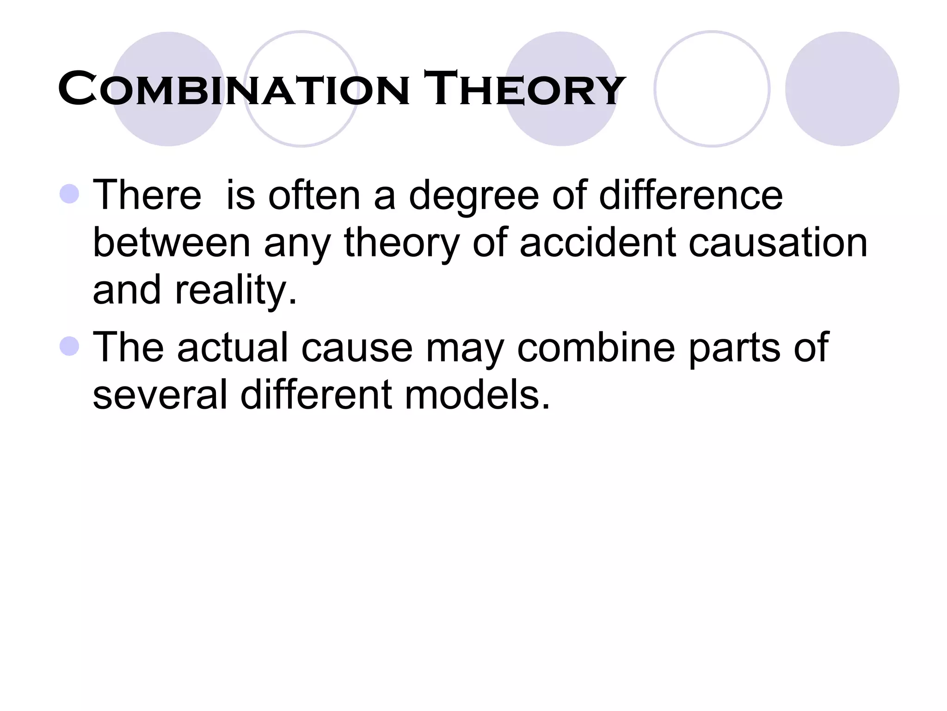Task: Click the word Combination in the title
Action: [x=234, y=88]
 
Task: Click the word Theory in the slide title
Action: [x=524, y=88]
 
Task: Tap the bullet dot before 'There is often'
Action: [x=70, y=194]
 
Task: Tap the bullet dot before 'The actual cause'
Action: [x=70, y=346]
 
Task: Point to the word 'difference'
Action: [x=691, y=195]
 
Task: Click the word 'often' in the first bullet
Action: [x=314, y=195]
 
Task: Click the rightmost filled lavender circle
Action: [x=842, y=89]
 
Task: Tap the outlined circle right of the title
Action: [x=712, y=89]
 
